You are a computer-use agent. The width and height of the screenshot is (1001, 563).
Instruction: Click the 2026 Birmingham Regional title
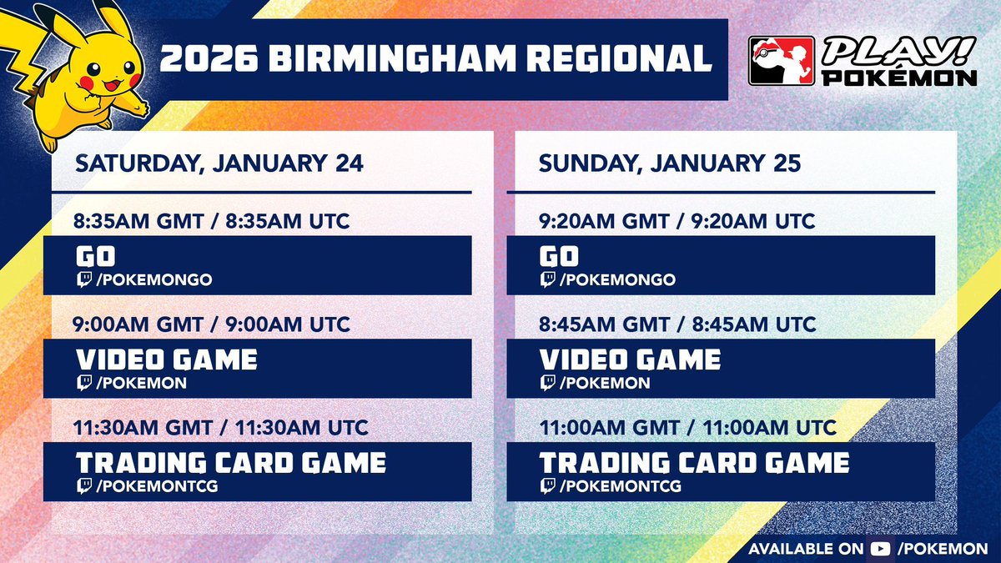click(436, 59)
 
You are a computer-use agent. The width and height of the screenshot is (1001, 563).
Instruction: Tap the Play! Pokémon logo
click(863, 60)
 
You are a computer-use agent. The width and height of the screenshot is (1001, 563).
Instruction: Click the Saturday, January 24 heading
click(219, 163)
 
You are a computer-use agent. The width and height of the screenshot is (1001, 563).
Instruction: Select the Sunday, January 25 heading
click(669, 163)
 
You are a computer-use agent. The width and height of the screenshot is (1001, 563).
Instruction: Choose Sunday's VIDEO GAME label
click(630, 359)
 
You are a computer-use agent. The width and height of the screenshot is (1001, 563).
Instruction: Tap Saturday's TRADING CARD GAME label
click(231, 462)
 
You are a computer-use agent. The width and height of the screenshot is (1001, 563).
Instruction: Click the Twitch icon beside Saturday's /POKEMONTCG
click(84, 486)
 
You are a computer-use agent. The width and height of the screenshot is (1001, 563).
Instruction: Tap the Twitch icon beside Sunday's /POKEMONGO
click(548, 280)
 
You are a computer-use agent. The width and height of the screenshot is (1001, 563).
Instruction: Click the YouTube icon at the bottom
click(879, 549)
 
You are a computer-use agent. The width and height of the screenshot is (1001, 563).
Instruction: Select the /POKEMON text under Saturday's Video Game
click(141, 384)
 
